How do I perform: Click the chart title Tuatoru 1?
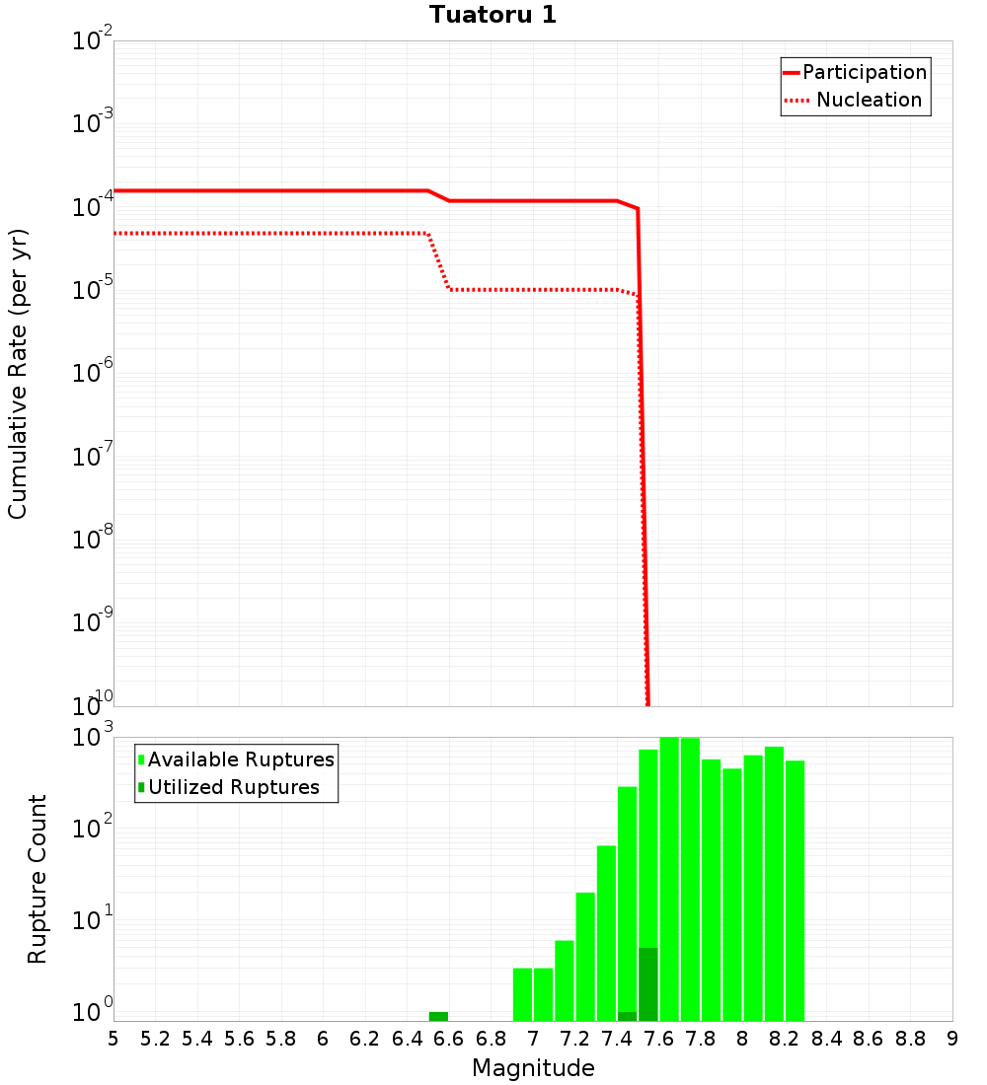click(493, 16)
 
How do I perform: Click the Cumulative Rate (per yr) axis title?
click(18, 373)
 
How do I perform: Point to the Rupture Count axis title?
click(38, 878)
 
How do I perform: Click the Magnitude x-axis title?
click(533, 1068)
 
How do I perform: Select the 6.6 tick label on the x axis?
click(449, 1040)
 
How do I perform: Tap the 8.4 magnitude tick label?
click(827, 1040)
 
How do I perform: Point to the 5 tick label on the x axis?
click(114, 1040)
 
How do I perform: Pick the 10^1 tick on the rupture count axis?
click(93, 921)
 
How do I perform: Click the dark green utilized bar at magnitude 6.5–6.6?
click(438, 1016)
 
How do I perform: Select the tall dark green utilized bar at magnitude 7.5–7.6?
click(647, 984)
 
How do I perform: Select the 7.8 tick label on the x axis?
click(701, 1040)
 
